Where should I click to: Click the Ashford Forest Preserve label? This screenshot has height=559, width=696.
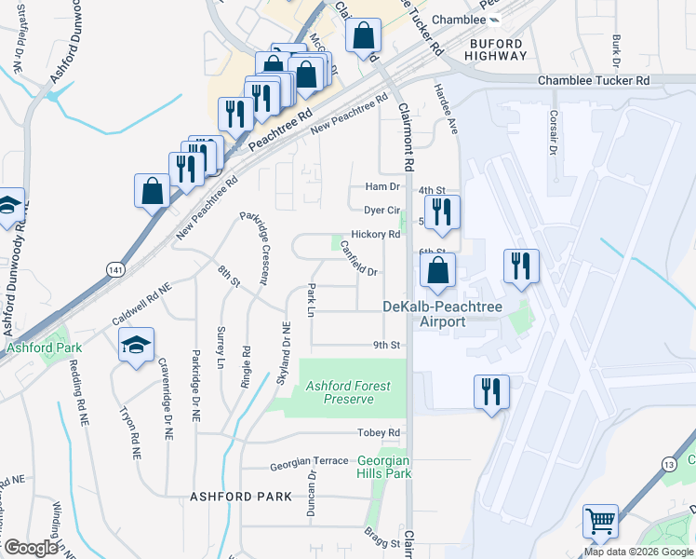tap(349, 392)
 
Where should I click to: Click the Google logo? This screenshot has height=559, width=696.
tap(31, 548)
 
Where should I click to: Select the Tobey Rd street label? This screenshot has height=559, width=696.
tap(381, 433)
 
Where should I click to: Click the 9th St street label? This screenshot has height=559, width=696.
tap(386, 345)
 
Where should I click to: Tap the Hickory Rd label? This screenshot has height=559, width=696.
tap(375, 235)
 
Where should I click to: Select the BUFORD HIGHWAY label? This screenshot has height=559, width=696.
tap(498, 49)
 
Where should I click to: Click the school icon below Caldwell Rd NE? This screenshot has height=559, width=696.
tap(136, 347)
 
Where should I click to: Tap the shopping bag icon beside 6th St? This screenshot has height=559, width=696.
tap(436, 271)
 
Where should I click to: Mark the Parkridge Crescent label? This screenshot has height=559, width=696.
tap(257, 247)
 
